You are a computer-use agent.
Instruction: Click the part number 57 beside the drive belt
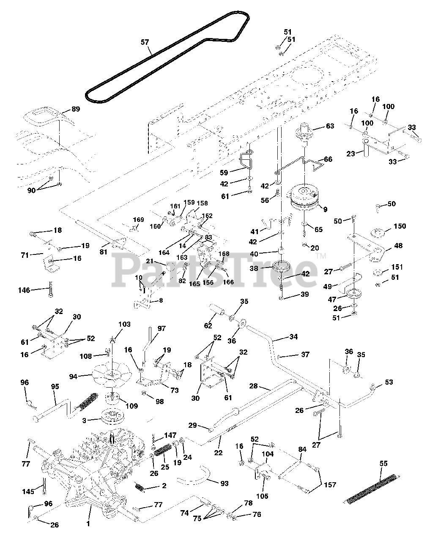145,42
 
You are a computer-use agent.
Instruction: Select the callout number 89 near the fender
75,109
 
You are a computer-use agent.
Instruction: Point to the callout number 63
330,126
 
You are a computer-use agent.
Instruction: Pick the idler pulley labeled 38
280,267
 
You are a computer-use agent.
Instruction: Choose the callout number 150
400,226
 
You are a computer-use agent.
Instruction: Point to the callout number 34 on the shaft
293,337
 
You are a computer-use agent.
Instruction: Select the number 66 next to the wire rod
328,159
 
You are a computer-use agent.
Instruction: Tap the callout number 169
138,220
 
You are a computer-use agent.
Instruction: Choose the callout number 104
268,454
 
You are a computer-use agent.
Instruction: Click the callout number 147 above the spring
170,435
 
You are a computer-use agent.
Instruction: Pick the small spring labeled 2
140,487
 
